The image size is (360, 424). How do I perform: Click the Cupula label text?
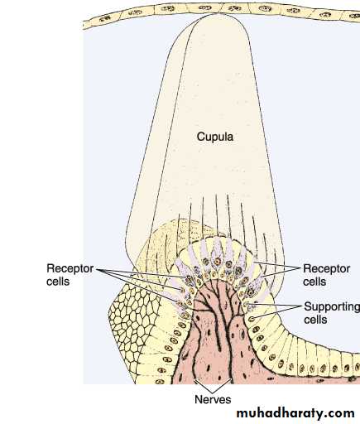[215, 137]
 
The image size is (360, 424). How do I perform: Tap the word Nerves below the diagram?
[213, 399]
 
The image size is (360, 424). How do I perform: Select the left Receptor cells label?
[70, 275]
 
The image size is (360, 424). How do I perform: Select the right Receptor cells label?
[327, 275]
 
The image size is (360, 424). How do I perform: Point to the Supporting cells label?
[332, 313]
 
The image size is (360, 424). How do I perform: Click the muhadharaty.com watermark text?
[295, 413]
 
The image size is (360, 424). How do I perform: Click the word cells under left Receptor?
[58, 282]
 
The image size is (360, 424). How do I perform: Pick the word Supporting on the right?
[332, 306]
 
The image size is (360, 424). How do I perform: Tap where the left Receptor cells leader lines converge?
[98, 269]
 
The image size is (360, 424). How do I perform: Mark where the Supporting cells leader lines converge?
[301, 306]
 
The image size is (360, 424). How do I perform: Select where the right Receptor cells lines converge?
[300, 267]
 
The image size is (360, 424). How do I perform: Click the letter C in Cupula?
[200, 137]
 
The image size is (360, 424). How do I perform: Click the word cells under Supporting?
[315, 320]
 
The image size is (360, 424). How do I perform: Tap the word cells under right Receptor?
[314, 282]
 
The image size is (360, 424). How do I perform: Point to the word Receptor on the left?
[70, 268]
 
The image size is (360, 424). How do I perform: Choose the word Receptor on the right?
[327, 268]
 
